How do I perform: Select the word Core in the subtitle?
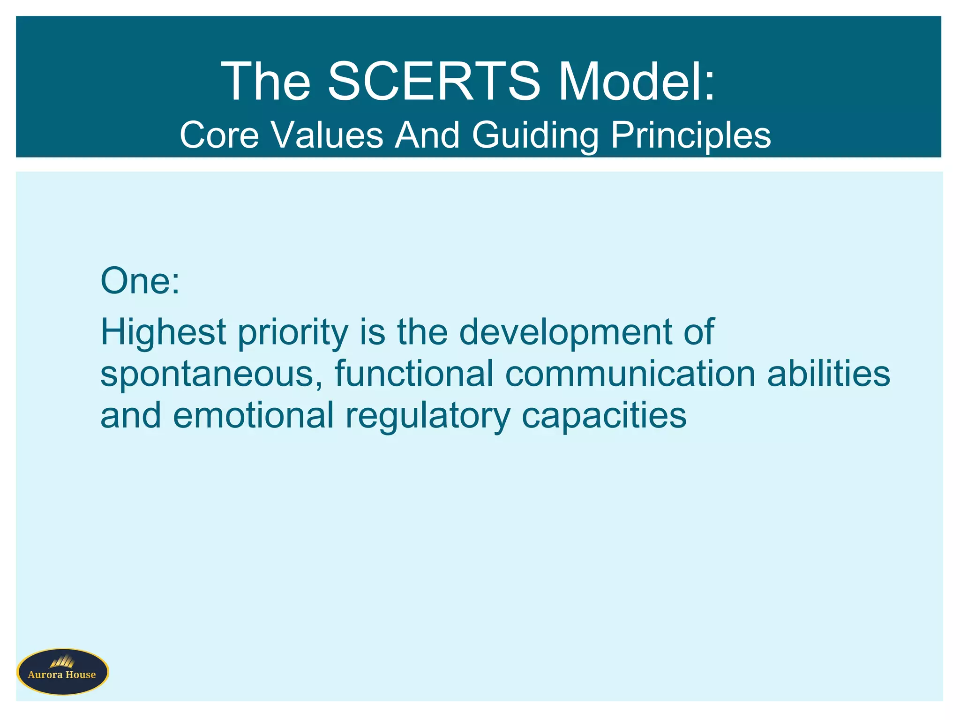point(219,135)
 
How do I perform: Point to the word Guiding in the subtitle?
point(535,135)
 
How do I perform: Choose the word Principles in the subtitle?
point(690,135)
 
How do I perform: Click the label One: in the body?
point(140,281)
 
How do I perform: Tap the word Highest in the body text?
point(164,332)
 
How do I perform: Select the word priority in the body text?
point(293,332)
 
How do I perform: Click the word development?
point(565,332)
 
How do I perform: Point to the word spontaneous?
point(211,374)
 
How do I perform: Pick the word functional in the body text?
point(414,373)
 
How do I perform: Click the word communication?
point(630,373)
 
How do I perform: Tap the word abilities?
point(828,373)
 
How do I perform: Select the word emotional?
point(253,415)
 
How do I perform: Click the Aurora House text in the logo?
point(62,675)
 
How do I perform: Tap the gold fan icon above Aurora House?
point(62,661)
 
